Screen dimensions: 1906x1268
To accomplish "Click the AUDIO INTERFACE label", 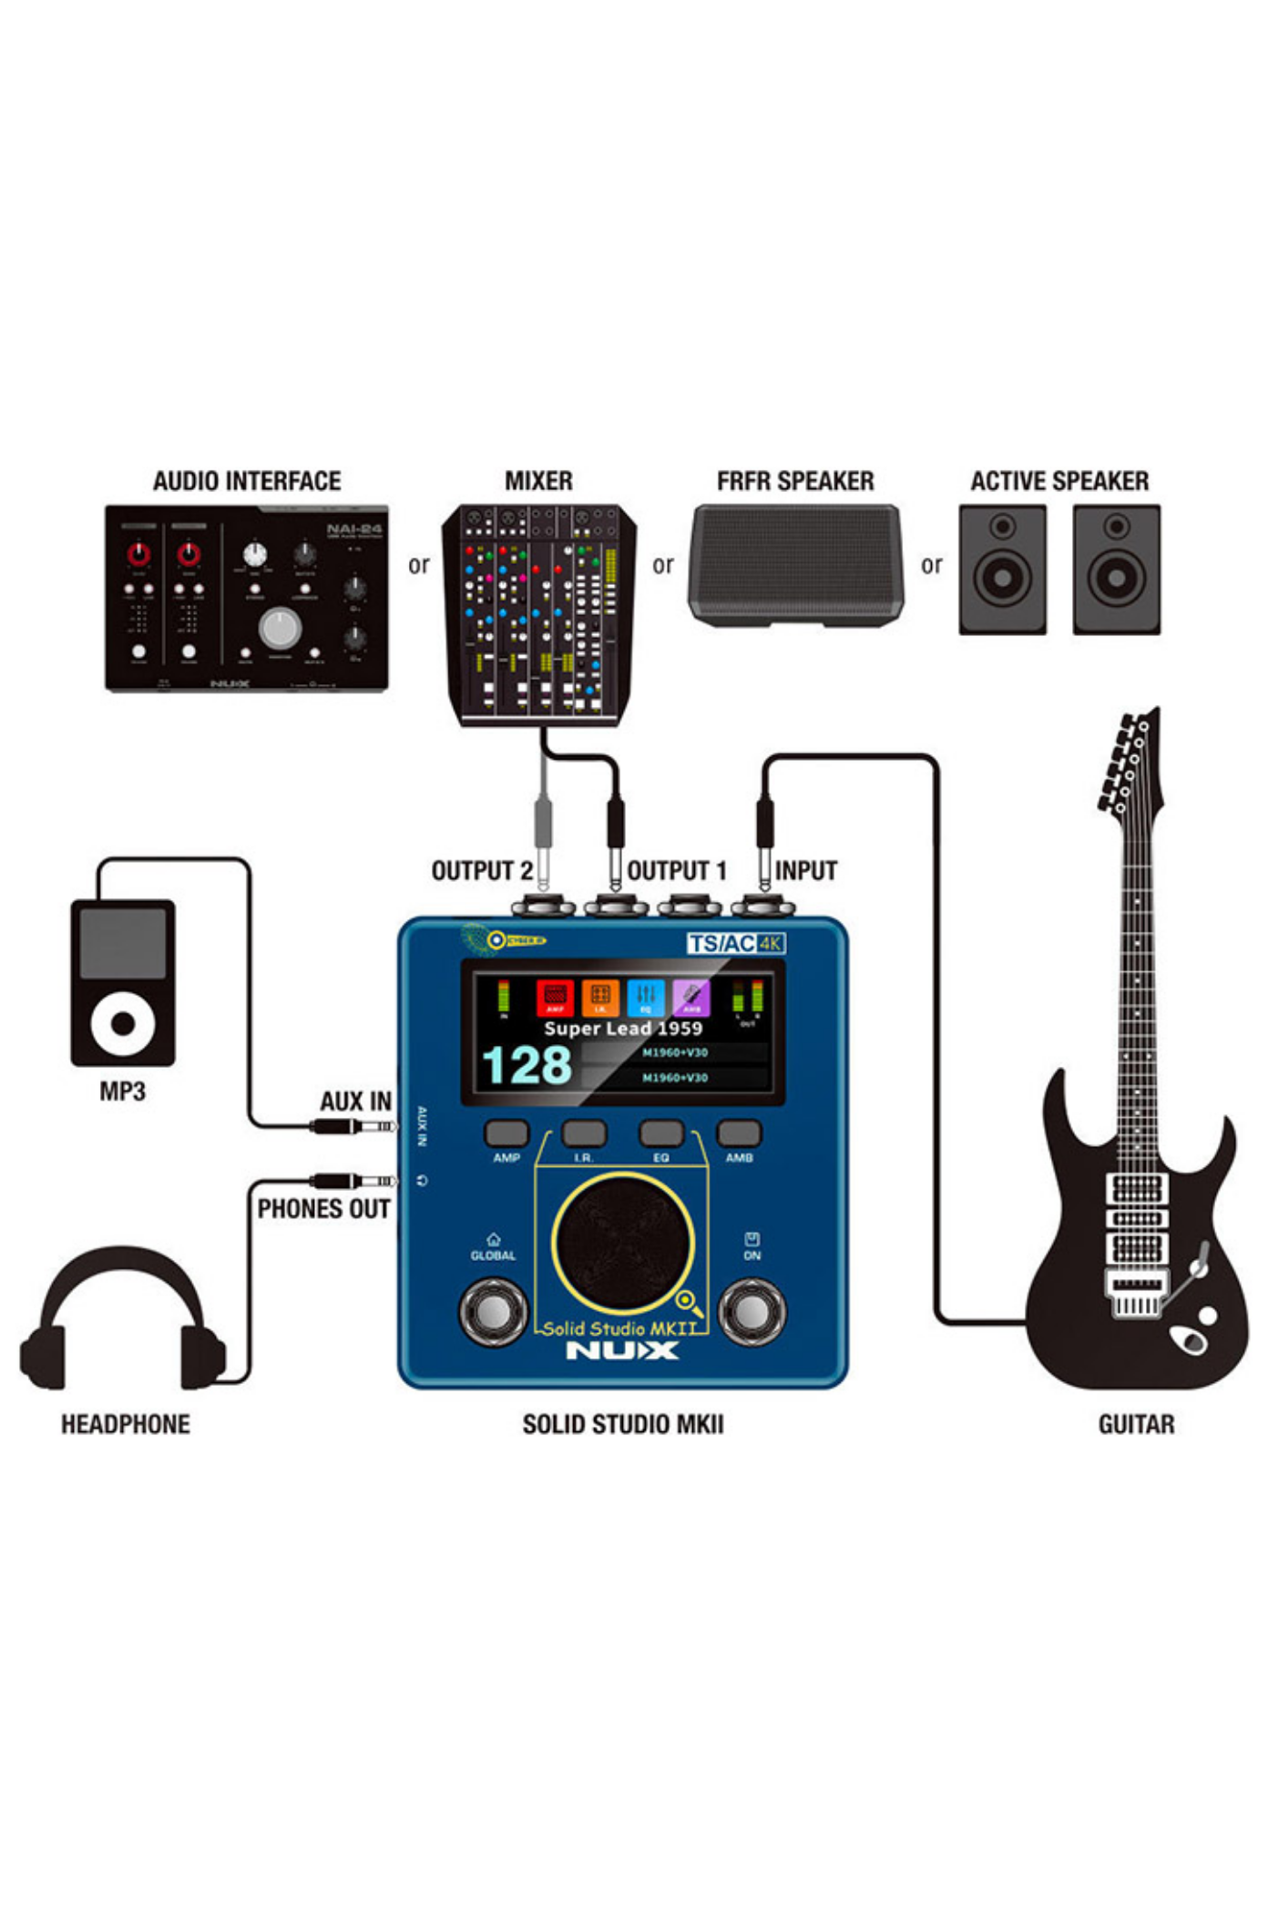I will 246,481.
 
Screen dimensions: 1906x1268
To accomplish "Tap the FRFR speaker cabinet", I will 795,565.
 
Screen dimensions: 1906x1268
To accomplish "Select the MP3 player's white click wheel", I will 123,1023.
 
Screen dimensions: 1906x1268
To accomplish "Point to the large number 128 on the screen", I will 527,1065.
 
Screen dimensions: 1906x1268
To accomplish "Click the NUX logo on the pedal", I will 622,1350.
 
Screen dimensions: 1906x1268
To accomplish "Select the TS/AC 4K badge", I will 735,943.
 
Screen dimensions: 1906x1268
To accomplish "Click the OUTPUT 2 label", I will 482,871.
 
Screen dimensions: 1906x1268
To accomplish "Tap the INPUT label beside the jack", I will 806,871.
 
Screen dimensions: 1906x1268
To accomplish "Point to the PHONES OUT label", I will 323,1209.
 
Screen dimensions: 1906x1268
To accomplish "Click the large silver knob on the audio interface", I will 280,628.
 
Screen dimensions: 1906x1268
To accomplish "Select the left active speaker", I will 1002,569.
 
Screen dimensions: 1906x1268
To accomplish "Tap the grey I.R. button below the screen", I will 584,1133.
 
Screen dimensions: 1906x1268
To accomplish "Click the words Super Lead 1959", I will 623,1029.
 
